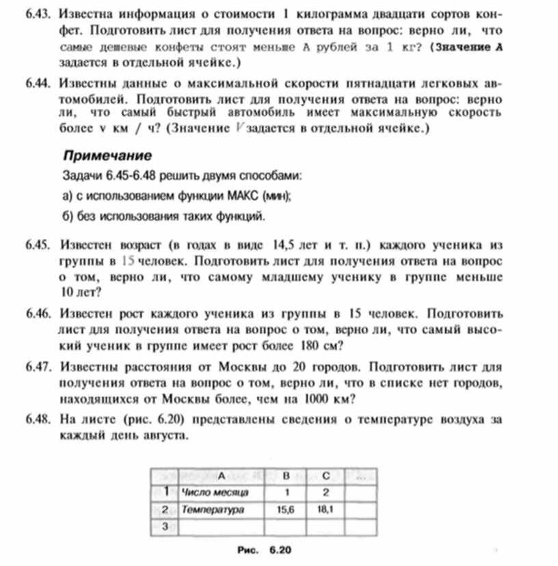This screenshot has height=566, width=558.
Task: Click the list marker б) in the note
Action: pyautogui.click(x=68, y=217)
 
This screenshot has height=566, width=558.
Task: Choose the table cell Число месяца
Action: pyautogui.click(x=216, y=491)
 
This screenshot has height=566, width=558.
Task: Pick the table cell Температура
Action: pyautogui.click(x=213, y=509)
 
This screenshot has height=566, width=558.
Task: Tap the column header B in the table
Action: pyautogui.click(x=286, y=474)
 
